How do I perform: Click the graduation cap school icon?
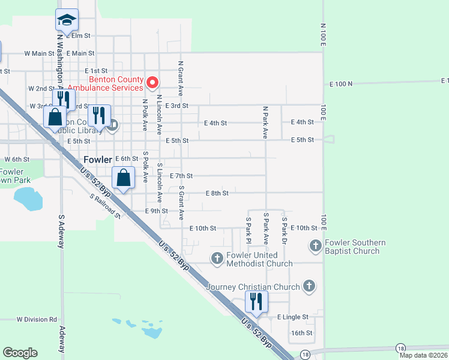pyautogui.click(x=67, y=20)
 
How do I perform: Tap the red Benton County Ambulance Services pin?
pyautogui.click(x=152, y=82)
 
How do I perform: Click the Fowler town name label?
pyautogui.click(x=98, y=160)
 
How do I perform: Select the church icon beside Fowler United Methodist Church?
pyautogui.click(x=217, y=258)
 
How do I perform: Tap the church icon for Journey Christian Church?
pyautogui.click(x=309, y=286)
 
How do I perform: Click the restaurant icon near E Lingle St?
pyautogui.click(x=256, y=302)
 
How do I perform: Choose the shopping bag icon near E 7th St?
pyautogui.click(x=123, y=178)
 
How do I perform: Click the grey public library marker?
pyautogui.click(x=114, y=125)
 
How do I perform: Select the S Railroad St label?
pyautogui.click(x=105, y=206)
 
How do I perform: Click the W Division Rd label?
pyautogui.click(x=37, y=319)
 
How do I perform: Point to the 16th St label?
pyautogui.click(x=302, y=332)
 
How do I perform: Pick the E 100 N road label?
pyautogui.click(x=341, y=85)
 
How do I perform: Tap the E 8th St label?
pyautogui.click(x=217, y=193)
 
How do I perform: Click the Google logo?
pyautogui.click(x=20, y=353)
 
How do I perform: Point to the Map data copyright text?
pyautogui.click(x=422, y=355)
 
